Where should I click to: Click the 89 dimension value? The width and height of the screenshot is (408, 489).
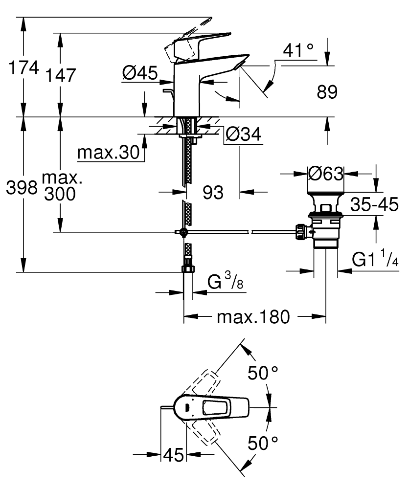pyautogui.click(x=327, y=92)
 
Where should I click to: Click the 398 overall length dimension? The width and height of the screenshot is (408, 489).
pyautogui.click(x=22, y=187)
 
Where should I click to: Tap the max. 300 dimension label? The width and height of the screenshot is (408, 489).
pyautogui.click(x=62, y=186)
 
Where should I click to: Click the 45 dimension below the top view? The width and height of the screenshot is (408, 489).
pyautogui.click(x=173, y=455)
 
